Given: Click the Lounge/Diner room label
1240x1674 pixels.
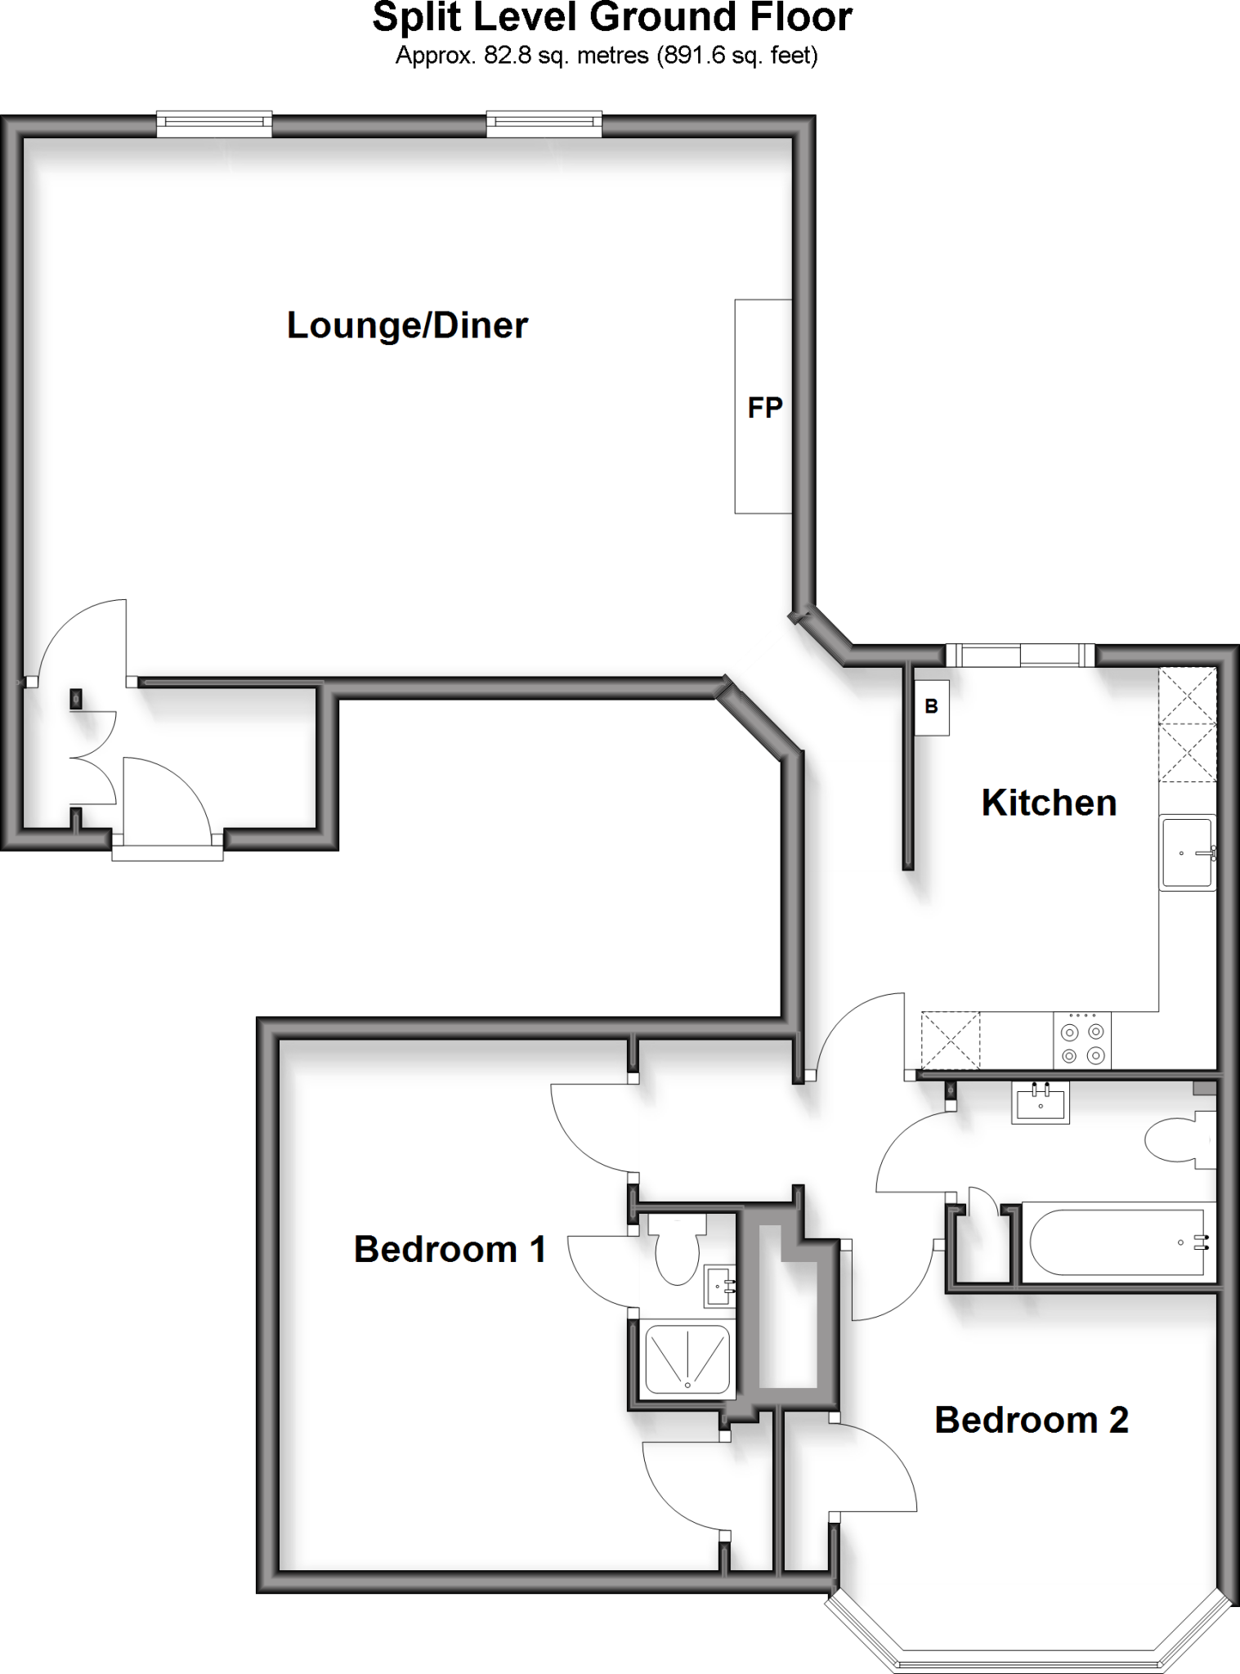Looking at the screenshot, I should (407, 325).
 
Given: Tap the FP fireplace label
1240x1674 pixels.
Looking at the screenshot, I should (764, 407).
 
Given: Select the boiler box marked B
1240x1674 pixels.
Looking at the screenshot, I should (932, 707).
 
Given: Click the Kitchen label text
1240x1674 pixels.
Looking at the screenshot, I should (1049, 803).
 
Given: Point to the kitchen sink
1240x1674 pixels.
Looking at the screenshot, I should (1187, 853).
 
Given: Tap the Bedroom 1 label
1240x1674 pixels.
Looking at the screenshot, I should (450, 1249).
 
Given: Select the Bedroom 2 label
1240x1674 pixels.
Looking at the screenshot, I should (1031, 1420).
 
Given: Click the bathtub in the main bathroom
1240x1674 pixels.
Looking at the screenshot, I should (1116, 1242).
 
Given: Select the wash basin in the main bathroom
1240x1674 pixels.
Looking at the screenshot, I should (1041, 1103).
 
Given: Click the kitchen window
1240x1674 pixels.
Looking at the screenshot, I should (1020, 656).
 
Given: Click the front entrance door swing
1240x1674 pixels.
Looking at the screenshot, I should (168, 797).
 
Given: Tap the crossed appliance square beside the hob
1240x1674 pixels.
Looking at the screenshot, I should (950, 1040).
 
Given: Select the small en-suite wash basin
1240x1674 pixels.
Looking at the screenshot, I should (719, 1287).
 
